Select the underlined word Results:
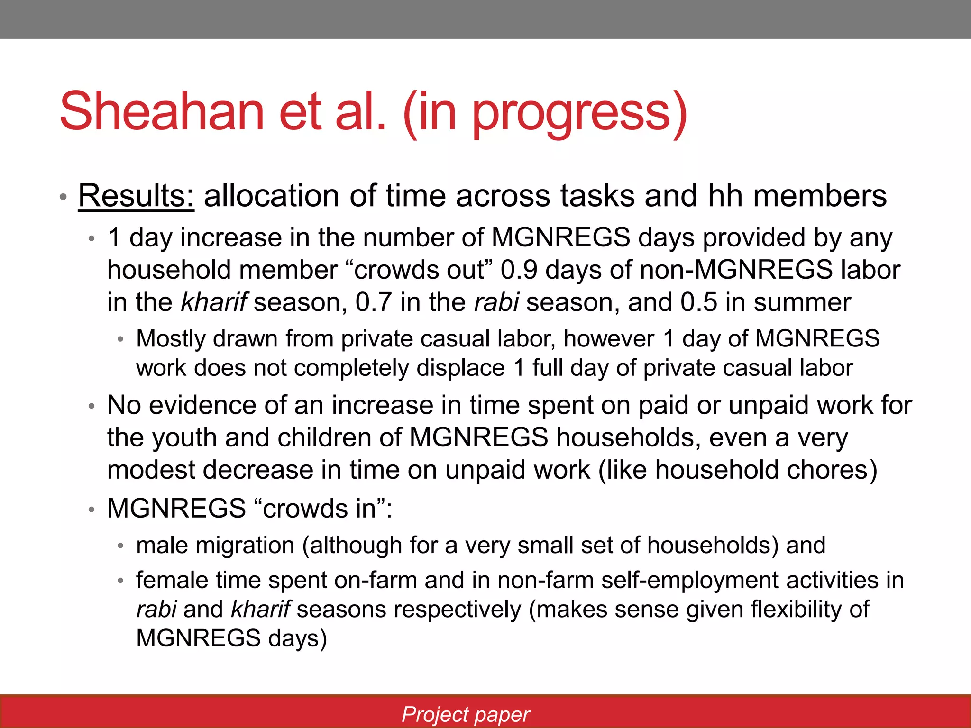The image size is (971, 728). pos(136,196)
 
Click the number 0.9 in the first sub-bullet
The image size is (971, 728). pos(519,270)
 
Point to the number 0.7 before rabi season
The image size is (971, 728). pos(374,302)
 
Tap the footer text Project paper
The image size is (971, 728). pos(466,714)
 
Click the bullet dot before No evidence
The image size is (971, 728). pos(92,406)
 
